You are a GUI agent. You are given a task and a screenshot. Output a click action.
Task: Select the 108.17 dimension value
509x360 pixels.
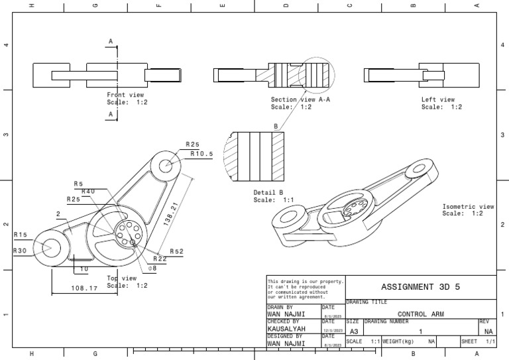point(84,288)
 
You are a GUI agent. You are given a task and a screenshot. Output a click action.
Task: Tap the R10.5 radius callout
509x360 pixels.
point(201,154)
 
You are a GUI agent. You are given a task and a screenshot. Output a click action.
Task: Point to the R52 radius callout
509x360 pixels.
point(177,251)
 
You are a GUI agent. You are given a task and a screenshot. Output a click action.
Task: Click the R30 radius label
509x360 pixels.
point(21,251)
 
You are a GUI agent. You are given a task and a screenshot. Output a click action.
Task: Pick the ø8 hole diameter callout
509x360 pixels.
point(152,268)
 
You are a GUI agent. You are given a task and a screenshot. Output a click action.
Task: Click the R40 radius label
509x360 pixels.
point(88,191)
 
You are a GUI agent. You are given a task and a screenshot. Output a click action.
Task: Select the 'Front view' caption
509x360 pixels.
point(125,95)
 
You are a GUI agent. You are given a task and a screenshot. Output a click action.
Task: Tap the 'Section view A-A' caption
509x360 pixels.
point(302,99)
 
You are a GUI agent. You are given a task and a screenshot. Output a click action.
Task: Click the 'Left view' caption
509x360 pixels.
point(438,99)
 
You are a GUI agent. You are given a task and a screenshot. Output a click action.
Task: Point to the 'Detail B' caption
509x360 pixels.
point(268,192)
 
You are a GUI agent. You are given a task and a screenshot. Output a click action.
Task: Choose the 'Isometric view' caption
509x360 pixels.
point(468,207)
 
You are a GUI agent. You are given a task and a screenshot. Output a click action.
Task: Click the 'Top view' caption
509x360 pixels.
point(121,278)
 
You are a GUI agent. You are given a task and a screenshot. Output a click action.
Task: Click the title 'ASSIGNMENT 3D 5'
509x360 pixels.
point(420,287)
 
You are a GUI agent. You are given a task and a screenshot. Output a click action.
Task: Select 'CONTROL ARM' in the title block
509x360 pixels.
point(420,314)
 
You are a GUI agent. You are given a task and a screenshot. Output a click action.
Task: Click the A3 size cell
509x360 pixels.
point(354,331)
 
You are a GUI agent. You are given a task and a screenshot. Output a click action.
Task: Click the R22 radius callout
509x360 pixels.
point(160,259)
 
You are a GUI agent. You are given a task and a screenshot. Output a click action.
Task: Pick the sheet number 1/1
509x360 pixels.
point(490,341)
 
